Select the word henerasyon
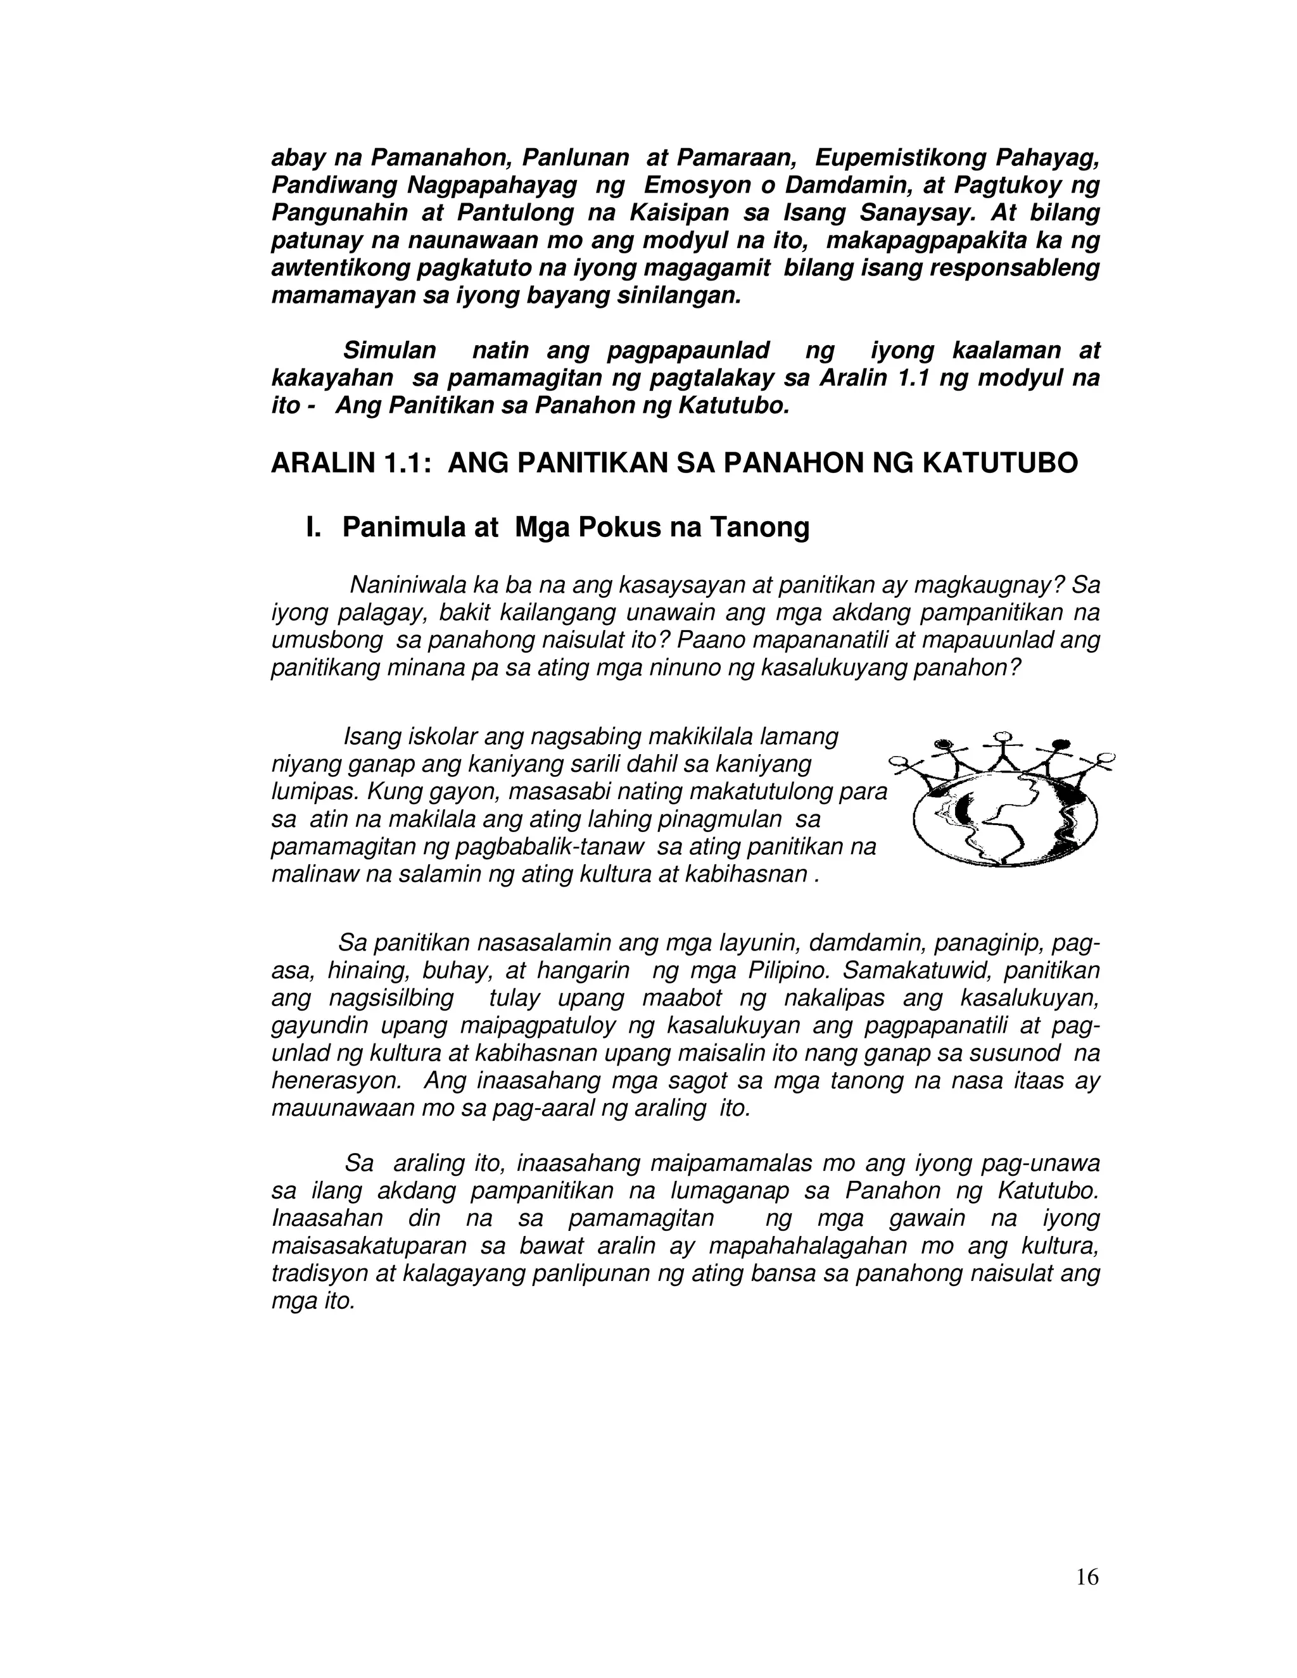tap(336, 1081)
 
